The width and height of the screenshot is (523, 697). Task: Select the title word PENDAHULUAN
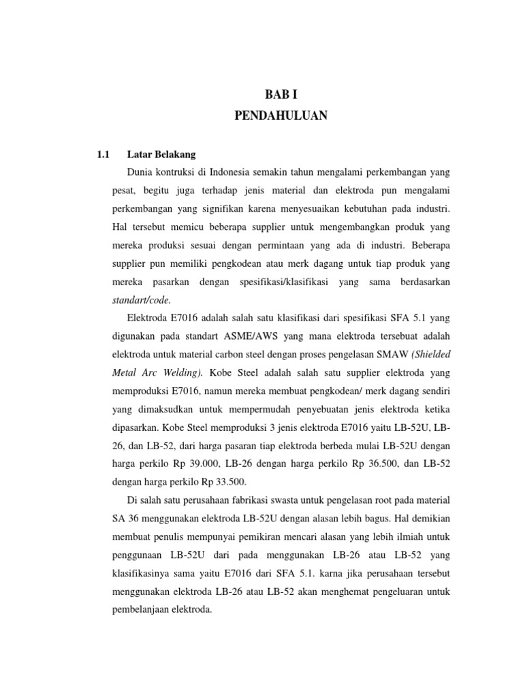[x=281, y=116]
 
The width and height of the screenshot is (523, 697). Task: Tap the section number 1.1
[x=104, y=155]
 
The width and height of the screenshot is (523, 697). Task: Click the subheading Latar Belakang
[x=161, y=155]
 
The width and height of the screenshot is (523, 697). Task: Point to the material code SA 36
[x=125, y=518]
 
